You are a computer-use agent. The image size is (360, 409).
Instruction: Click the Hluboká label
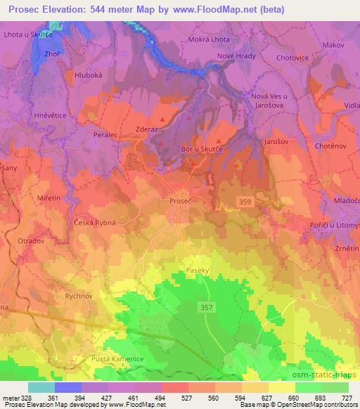pos(86,73)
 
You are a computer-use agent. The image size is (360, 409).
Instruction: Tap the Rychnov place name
pos(79,297)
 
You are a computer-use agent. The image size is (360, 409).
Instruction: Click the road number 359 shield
pos(245,202)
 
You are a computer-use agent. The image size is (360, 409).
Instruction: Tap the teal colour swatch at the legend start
pos(41,387)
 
